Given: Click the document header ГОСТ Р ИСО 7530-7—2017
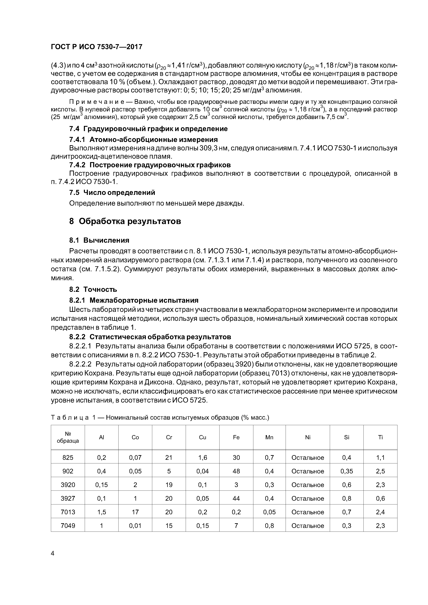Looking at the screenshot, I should point(96,47).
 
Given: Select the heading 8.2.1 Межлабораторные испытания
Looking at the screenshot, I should point(134,300).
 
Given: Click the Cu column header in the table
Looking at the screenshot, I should point(203,437).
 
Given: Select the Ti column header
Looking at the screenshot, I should point(380,437).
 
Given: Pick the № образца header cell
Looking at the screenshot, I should point(68,437).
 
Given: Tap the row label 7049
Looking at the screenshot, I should point(68,526).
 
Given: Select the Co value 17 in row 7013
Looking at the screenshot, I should point(135,512).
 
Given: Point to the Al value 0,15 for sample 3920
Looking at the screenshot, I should point(101,485).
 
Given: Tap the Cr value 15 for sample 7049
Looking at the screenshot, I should point(169,526).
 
